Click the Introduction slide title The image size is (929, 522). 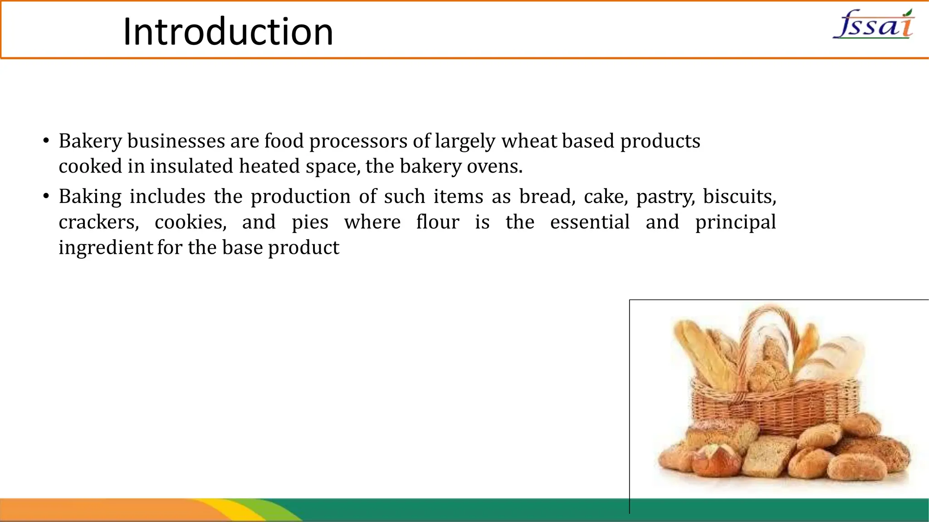pyautogui.click(x=228, y=32)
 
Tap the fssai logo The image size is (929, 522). pyautogui.click(x=874, y=24)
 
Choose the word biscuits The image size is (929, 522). pyautogui.click(x=739, y=197)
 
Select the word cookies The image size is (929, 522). pyautogui.click(x=191, y=222)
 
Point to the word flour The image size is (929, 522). pyautogui.click(x=438, y=222)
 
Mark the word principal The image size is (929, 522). pyautogui.click(x=735, y=222)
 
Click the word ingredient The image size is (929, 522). pyautogui.click(x=106, y=248)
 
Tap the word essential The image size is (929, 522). pyautogui.click(x=590, y=222)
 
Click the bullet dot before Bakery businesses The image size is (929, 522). pyautogui.click(x=46, y=141)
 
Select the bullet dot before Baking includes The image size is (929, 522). pyautogui.click(x=46, y=197)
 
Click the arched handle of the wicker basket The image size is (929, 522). pyautogui.click(x=771, y=317)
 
